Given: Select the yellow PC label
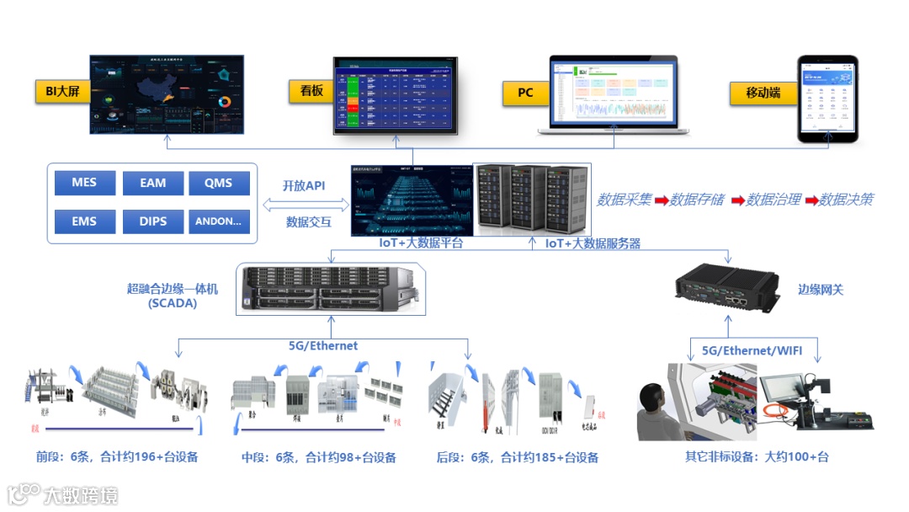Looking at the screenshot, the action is click(x=525, y=93).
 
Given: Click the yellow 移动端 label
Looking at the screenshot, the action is click(x=763, y=93).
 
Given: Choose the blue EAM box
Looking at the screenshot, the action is click(x=152, y=183).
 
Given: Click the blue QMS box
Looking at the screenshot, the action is click(x=219, y=183).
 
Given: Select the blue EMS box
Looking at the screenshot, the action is click(x=84, y=221).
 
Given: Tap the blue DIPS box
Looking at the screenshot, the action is click(x=152, y=221).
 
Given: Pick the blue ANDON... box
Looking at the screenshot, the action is click(x=219, y=221).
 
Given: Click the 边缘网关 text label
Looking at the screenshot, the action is click(x=821, y=290).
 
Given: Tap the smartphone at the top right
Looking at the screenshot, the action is click(x=827, y=99).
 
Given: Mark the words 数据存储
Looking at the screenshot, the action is click(x=697, y=200).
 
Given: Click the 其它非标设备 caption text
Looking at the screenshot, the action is click(x=722, y=457).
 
